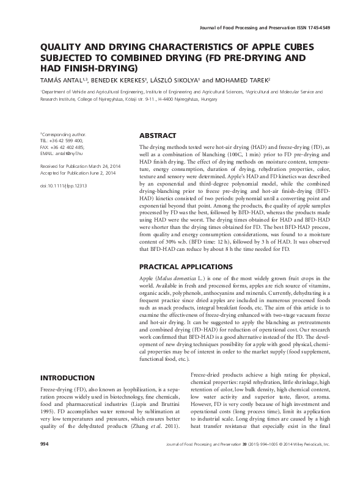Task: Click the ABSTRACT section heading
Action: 158,136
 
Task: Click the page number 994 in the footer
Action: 45,459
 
